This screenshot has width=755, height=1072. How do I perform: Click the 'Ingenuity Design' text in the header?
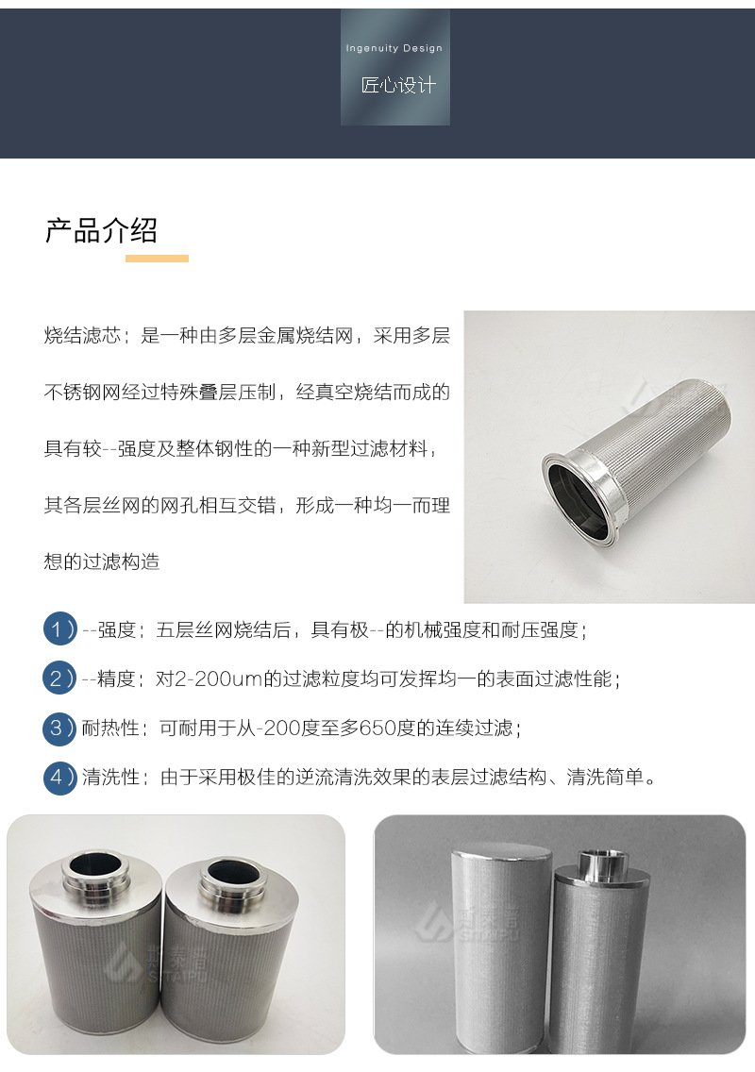394,48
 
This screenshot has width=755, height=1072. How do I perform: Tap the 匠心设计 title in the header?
398,86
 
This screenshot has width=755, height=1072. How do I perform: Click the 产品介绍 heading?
101,229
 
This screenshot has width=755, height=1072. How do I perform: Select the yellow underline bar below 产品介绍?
157,258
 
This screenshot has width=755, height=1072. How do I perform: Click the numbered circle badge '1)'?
59,629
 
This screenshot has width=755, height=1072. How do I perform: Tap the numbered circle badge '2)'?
59,678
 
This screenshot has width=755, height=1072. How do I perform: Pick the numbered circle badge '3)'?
59,728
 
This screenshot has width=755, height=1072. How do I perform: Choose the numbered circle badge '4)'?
59,778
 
